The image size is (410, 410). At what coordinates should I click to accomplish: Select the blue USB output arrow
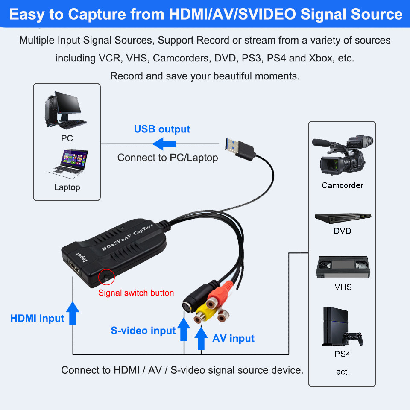click(164, 143)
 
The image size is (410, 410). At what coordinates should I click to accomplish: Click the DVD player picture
click(343, 218)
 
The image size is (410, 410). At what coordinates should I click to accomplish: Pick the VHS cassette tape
click(342, 267)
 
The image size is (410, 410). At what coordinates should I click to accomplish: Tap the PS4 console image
click(342, 327)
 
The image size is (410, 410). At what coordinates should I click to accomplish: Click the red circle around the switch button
click(106, 277)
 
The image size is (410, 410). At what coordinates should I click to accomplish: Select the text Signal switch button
click(136, 293)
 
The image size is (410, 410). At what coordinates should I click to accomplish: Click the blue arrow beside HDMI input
click(73, 313)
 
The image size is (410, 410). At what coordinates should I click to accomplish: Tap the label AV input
click(233, 339)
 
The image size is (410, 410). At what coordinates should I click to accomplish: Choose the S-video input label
click(143, 331)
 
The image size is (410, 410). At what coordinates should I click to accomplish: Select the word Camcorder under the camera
click(343, 185)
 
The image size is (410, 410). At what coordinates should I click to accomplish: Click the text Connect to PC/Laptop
click(167, 158)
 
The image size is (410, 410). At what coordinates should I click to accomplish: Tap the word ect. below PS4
click(343, 372)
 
